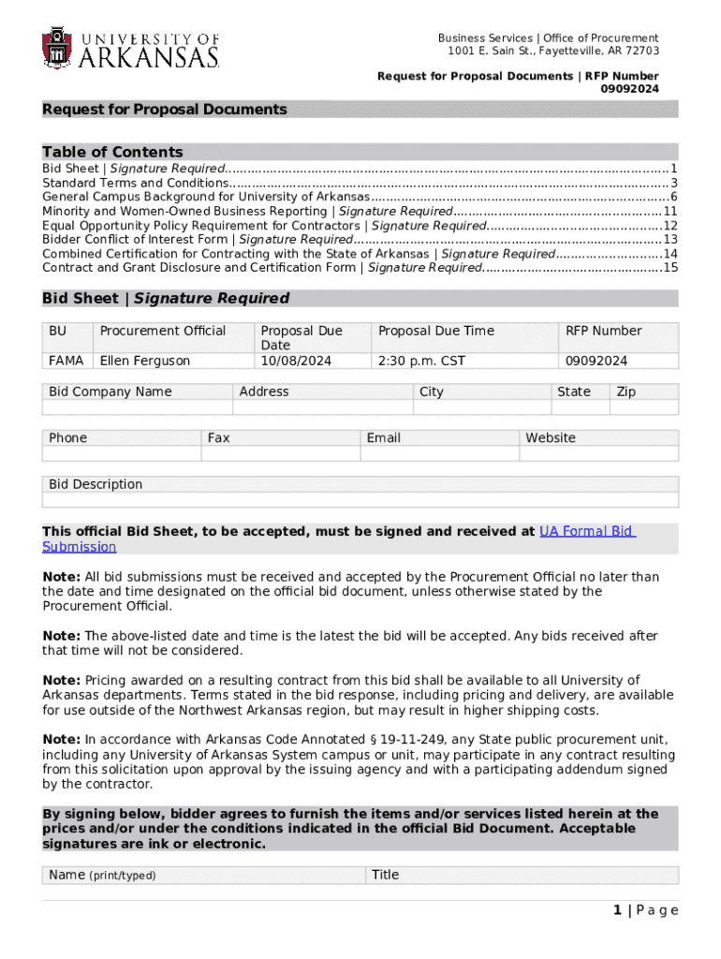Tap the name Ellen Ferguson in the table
[x=145, y=361]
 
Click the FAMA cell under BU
[x=66, y=361]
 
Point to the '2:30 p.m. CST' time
[x=421, y=361]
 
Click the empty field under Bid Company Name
[x=138, y=407]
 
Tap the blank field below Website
[x=598, y=453]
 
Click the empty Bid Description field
[x=360, y=500]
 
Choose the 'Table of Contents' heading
[x=112, y=152]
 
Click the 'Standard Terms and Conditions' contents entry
[x=136, y=183]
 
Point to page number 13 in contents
[x=669, y=239]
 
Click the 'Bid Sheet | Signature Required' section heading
[x=166, y=299]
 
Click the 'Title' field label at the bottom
[x=385, y=875]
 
